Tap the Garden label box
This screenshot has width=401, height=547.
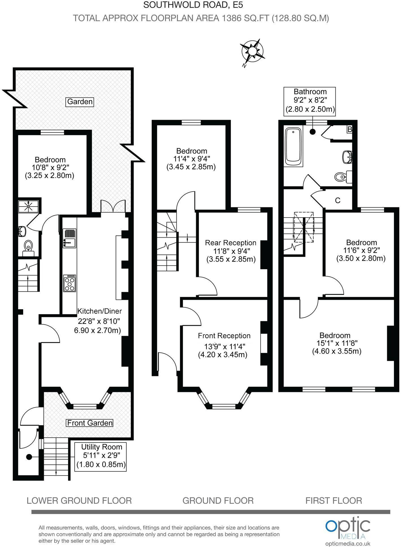tap(80, 102)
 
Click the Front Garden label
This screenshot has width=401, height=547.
tap(90, 423)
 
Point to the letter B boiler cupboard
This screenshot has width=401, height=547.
tap(350, 129)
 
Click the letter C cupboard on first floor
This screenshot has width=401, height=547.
tap(337, 200)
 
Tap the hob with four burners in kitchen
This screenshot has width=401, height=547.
tap(70, 283)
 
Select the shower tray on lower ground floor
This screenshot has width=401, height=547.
tap(28, 206)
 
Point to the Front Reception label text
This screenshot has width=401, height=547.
tap(224, 336)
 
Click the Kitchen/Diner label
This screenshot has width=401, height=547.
tap(99, 311)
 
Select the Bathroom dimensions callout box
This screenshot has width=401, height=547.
tap(310, 101)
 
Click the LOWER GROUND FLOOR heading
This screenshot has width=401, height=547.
tap(79, 501)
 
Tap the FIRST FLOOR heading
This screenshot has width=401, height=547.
tap(333, 501)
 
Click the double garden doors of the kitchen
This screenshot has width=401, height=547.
tap(113, 206)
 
